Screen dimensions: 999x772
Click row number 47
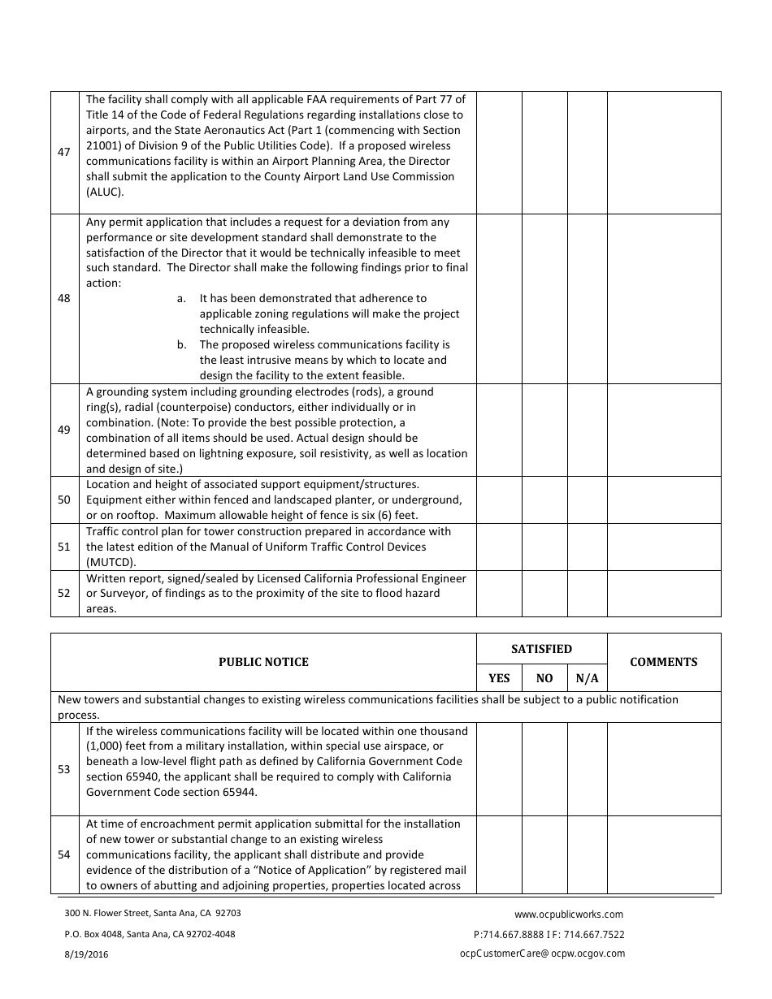coord(64,153)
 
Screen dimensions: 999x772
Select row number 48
coord(64,298)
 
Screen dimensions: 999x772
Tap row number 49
coord(64,430)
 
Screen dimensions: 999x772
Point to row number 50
coord(64,500)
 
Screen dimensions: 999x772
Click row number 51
coord(64,547)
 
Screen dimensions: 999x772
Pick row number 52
coord(64,593)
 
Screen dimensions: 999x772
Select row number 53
coord(64,769)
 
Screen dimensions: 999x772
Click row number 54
coord(64,854)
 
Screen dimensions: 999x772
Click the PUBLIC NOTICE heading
coord(263,662)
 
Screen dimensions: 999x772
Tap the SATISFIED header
coord(541,649)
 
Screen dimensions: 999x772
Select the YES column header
coord(499,678)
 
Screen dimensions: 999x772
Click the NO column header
coord(544,678)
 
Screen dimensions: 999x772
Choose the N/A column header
coord(587,678)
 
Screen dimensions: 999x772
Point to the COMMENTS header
coord(664,662)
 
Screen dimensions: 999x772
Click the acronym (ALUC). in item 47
coord(106,192)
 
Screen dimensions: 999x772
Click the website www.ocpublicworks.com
coord(569,914)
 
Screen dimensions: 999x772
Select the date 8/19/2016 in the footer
coord(86,955)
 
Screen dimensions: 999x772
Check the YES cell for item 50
coord(499,500)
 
